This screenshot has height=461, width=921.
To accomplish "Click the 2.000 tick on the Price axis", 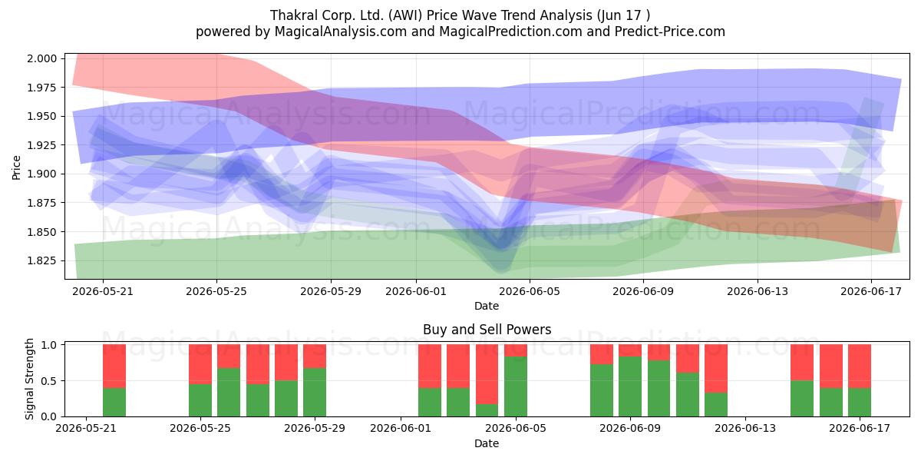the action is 42,58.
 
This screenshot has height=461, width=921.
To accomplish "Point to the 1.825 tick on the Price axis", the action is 42,260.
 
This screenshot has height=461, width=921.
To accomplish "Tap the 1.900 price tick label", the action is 42,174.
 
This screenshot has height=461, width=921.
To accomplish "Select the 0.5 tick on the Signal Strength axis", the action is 49,381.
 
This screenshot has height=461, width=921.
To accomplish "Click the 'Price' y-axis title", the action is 16,167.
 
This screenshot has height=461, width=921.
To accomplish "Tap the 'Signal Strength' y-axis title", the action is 29,379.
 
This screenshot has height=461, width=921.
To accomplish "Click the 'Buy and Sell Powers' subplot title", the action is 487,330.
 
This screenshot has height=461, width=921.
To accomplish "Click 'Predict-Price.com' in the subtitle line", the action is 670,32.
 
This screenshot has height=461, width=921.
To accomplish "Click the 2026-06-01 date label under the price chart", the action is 416,291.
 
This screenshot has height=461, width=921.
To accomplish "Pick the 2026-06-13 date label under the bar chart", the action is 745,429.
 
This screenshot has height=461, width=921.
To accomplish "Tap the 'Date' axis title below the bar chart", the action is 487,443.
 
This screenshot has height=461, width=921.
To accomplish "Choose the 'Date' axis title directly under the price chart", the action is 487,306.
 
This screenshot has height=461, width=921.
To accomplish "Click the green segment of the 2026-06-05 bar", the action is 516,386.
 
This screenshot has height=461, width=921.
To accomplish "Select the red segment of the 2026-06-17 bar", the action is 860,366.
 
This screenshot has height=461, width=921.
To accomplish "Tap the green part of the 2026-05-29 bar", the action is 315,393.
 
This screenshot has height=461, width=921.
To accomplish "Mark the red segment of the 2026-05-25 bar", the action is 200,364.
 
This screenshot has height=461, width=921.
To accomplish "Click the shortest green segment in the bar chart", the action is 487,410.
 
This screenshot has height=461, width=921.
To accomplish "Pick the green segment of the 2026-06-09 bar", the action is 630,386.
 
